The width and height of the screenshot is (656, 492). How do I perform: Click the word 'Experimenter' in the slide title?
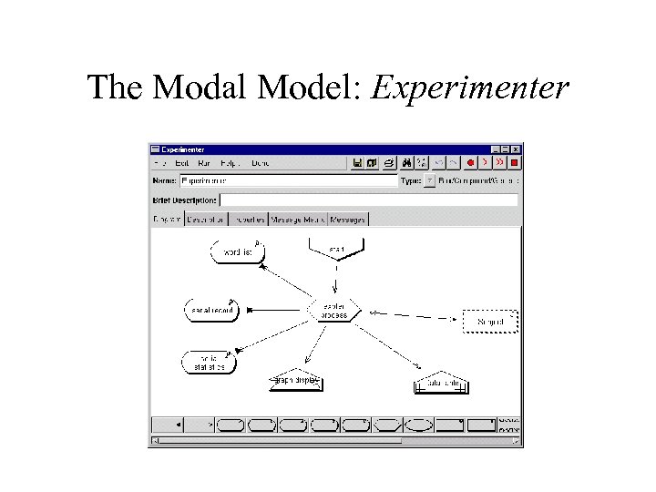pos(471,88)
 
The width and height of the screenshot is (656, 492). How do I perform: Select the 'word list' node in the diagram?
pos(237,251)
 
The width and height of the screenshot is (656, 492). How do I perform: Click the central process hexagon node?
pos(334,310)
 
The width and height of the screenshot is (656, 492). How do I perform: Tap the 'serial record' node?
pos(210,311)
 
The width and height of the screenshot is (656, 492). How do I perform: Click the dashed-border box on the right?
pos(489,321)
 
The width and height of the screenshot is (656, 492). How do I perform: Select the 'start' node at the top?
pos(336,247)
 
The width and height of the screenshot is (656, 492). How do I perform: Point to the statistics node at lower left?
pos(210,363)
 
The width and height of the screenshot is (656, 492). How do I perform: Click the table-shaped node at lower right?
pos(441,384)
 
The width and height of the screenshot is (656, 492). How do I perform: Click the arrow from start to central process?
pos(336,278)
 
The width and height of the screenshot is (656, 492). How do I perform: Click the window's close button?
pos(516,149)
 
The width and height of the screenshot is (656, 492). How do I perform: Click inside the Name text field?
pos(289,181)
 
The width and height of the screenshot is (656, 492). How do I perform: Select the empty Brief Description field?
pos(369,200)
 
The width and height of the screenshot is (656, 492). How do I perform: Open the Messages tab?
pos(348,219)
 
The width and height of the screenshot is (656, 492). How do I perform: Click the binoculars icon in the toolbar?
pos(405,163)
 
